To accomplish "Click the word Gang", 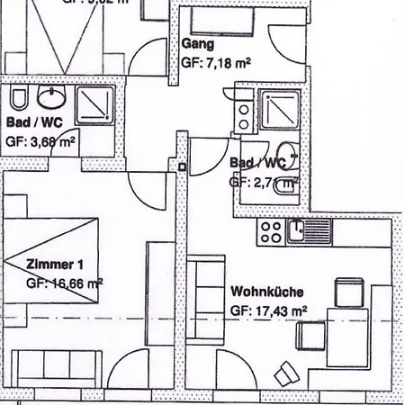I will pos(197,44).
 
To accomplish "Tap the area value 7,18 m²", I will pos(216,62).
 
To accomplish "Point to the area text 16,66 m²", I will pos(66,283).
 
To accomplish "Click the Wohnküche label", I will pos(267,292).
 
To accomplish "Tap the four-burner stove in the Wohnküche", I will pos(271,233).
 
